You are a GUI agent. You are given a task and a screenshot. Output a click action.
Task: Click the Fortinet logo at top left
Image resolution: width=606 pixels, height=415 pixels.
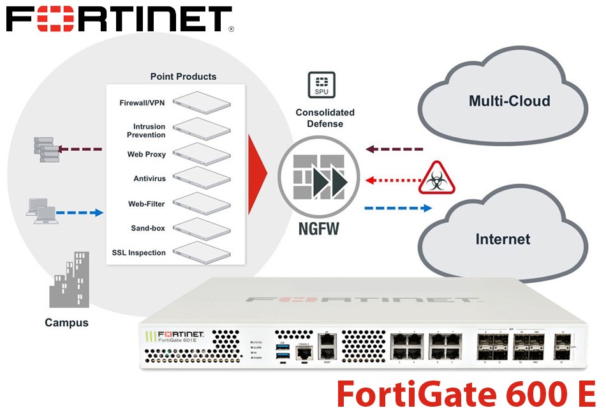coord(120,19)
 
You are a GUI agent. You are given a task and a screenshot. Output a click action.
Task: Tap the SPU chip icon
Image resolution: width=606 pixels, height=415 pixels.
coord(321,85)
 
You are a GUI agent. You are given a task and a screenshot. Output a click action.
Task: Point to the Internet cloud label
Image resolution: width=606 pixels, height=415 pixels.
coord(503,239)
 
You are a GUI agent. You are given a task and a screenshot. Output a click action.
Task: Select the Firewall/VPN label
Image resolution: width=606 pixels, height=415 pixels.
coord(142,103)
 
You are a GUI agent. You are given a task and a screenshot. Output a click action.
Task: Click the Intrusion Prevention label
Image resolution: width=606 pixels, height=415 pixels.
coord(146,131)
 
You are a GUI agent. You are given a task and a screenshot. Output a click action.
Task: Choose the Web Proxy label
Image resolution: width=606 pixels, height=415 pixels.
coord(146,154)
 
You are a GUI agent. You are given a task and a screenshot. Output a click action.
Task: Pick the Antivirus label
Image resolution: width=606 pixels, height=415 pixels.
coord(149,179)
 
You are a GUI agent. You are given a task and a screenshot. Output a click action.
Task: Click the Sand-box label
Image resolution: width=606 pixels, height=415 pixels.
coord(147,228)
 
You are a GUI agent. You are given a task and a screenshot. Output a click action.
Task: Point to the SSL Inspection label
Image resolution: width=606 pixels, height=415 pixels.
coord(138,253)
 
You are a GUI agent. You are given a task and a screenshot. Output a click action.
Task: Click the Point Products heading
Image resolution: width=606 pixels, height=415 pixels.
coord(183,77)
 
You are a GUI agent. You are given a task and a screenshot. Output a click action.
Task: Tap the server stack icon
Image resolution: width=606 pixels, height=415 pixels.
coord(45,149)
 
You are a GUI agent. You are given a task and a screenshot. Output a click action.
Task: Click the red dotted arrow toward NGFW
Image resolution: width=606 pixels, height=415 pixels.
coord(390,180)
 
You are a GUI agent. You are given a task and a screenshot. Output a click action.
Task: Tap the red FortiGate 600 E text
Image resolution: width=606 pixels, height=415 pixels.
coord(465,393)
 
